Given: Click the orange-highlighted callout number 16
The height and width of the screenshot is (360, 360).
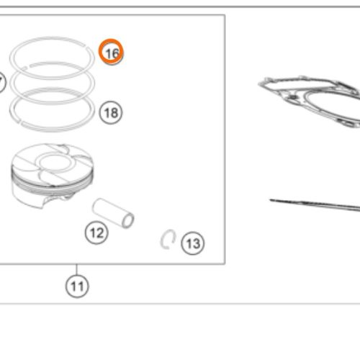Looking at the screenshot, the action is (111, 52).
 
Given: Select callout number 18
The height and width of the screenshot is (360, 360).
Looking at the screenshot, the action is (111, 112).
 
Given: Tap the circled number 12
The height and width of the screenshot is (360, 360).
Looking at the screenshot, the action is (96, 233).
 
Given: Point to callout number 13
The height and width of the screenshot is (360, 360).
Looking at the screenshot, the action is (193, 243).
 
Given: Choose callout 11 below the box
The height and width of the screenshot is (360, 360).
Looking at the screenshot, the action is (77, 286).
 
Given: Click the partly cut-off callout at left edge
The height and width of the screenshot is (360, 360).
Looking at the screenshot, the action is (2, 82).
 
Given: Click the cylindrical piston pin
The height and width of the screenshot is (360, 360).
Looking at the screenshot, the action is (113, 213).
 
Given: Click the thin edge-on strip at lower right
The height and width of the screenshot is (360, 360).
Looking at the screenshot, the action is (315, 204).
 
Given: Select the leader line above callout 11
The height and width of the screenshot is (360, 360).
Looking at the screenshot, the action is (77, 269).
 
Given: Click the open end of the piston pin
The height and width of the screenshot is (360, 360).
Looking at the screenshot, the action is (128, 221).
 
